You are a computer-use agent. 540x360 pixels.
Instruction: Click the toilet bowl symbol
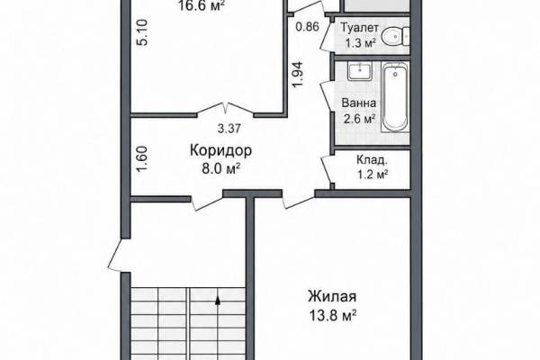point(396,36)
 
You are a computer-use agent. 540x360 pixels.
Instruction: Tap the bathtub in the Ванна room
point(395,97)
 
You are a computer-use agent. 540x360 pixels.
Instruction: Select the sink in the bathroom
point(359,71)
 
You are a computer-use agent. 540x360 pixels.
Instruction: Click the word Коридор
point(221,150)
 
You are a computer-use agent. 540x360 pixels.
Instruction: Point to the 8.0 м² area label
point(220,169)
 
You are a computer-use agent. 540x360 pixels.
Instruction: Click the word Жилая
point(332,296)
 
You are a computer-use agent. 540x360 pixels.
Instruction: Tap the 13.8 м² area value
point(333,315)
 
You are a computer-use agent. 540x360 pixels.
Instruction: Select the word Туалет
point(360,27)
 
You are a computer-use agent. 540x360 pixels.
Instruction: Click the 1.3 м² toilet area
point(360,43)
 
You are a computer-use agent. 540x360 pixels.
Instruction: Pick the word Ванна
point(358,103)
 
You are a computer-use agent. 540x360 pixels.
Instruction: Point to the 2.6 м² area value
point(359,119)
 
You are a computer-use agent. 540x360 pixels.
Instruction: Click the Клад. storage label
point(372,160)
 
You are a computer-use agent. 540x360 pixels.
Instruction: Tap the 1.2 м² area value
point(373,175)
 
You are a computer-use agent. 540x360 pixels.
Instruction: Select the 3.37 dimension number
point(229,129)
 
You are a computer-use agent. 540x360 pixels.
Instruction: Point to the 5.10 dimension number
point(142,32)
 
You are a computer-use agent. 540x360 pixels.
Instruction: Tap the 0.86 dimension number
point(308,26)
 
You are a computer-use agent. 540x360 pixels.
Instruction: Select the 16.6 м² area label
point(202,5)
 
